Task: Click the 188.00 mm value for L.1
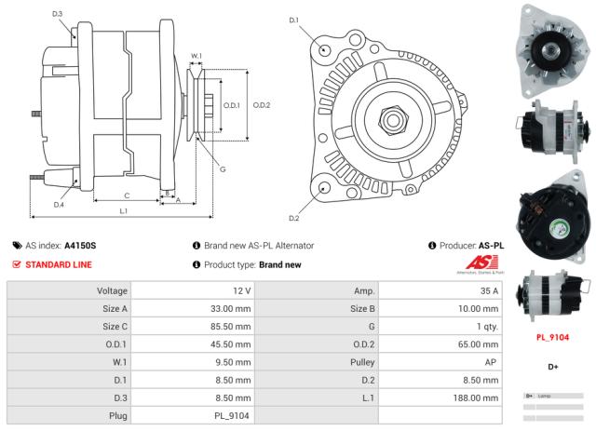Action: click(481, 397)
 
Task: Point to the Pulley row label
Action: click(364, 361)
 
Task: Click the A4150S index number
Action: click(80, 246)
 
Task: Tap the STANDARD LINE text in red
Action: click(59, 264)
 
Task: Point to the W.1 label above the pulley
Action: click(196, 57)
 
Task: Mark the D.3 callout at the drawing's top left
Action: click(58, 14)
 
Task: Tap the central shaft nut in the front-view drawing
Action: click(391, 118)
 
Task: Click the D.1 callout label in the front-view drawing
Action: click(293, 20)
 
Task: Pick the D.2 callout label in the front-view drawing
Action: click(293, 218)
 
